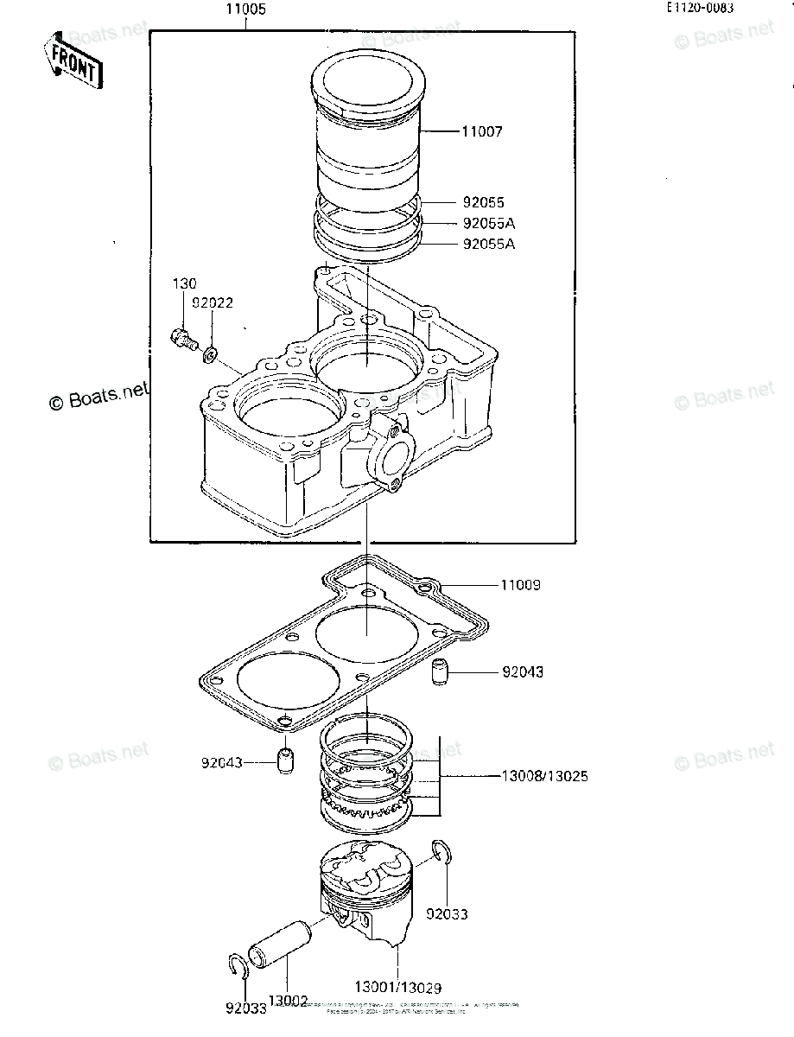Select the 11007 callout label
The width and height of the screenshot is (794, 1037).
[x=481, y=132]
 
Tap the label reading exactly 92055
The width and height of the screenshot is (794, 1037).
[x=482, y=204]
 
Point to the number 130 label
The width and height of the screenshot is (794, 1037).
[x=183, y=283]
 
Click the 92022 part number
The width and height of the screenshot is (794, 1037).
[x=213, y=303]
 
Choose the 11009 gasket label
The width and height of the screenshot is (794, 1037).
[x=520, y=585]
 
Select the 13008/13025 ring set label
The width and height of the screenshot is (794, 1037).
[x=544, y=776]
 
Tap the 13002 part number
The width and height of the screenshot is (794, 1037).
[x=288, y=1001]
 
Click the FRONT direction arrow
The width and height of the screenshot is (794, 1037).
[x=73, y=61]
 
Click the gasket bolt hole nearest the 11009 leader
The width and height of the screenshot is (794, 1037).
[x=424, y=588]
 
